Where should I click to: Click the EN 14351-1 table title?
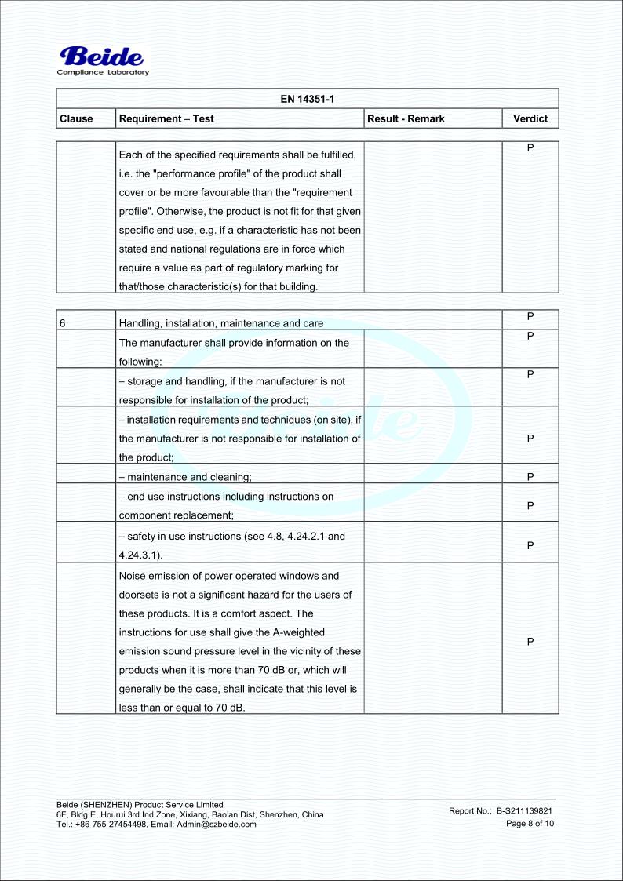(x=307, y=98)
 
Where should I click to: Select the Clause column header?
(x=76, y=118)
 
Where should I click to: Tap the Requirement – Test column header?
(x=166, y=118)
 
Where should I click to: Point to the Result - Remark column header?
(x=406, y=118)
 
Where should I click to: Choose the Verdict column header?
(x=530, y=118)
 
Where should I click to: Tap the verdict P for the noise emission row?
(x=530, y=642)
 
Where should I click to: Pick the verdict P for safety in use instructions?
(x=530, y=543)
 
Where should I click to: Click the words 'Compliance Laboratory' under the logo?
(x=103, y=73)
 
